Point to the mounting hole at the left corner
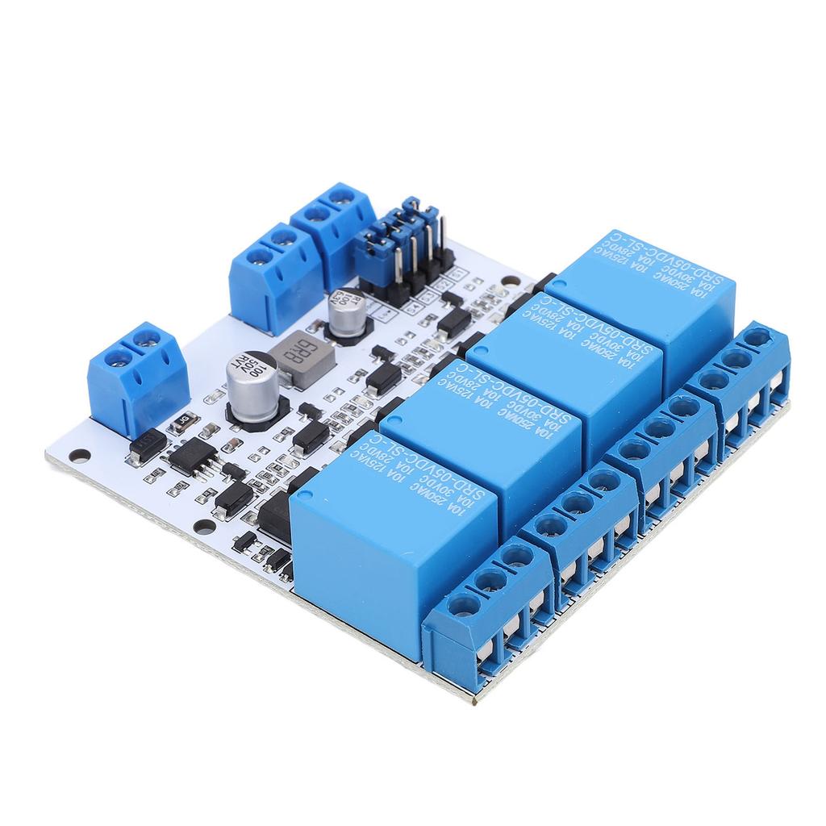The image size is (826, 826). tap(79, 456)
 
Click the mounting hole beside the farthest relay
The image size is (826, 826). tap(507, 284)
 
